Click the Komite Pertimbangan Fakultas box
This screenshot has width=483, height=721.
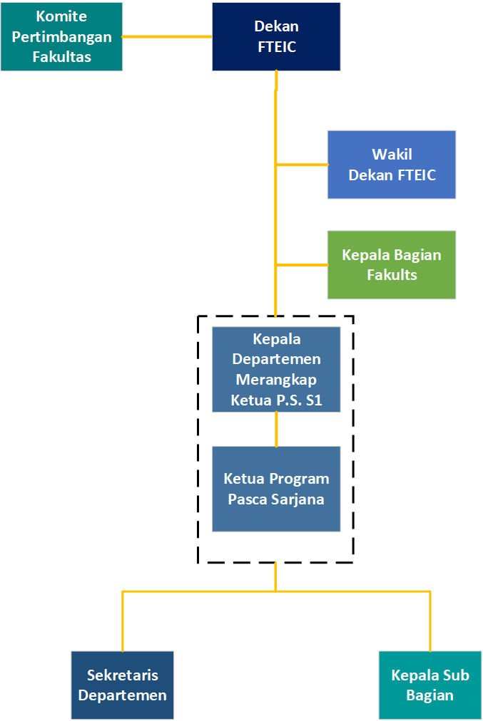pyautogui.click(x=61, y=36)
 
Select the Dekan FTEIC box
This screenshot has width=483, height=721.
pyautogui.click(x=276, y=36)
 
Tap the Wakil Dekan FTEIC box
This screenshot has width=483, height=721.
pyautogui.click(x=392, y=164)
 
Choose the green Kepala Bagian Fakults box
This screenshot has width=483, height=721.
pyautogui.click(x=392, y=264)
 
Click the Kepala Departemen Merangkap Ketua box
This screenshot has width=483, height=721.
pyautogui.click(x=276, y=369)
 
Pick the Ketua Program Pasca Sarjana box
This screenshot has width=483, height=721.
pyautogui.click(x=276, y=489)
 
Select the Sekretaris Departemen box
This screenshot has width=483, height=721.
pyautogui.click(x=123, y=685)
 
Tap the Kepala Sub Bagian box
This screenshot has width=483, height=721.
pyautogui.click(x=430, y=685)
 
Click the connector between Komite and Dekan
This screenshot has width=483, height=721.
pyautogui.click(x=168, y=36)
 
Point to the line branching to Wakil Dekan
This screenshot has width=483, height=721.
pyautogui.click(x=302, y=165)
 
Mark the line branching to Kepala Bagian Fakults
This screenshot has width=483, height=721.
pyautogui.click(x=302, y=265)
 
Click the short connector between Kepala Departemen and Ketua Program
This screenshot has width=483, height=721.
pyautogui.click(x=277, y=429)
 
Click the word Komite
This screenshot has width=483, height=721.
pyautogui.click(x=61, y=16)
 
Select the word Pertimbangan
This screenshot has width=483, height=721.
pyautogui.click(x=61, y=36)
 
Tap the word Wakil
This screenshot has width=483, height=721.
pyautogui.click(x=392, y=154)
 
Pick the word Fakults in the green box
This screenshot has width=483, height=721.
pyautogui.click(x=392, y=274)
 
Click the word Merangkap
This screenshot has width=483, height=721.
pyautogui.click(x=276, y=380)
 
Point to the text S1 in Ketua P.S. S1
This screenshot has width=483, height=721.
pyautogui.click(x=313, y=400)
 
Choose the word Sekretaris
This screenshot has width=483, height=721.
pyautogui.click(x=123, y=675)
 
